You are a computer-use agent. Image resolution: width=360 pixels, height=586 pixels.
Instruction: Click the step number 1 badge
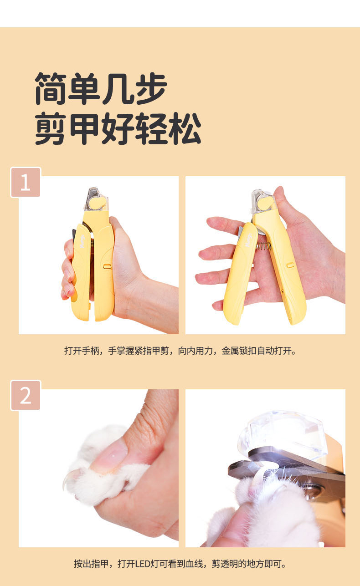coord(26,182)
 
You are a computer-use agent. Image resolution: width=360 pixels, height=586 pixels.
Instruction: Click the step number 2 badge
coord(26,395)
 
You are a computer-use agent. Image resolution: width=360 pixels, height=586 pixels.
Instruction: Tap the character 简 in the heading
coord(50,88)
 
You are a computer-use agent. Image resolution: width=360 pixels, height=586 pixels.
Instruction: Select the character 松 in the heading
coord(185,128)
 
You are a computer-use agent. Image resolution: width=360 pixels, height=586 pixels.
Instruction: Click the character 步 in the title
coord(151,88)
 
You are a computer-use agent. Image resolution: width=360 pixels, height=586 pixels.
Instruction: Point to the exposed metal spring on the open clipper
coord(263,246)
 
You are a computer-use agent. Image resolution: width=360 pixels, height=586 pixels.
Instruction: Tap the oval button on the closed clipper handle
coord(107,266)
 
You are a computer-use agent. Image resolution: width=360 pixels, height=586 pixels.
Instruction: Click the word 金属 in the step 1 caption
coord(230,351)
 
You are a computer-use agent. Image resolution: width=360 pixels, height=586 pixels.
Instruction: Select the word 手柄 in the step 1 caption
coord(90,351)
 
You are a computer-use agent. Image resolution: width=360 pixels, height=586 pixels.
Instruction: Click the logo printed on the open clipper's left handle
coord(248,240)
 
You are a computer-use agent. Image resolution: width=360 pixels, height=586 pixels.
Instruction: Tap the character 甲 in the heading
coord(84,128)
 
